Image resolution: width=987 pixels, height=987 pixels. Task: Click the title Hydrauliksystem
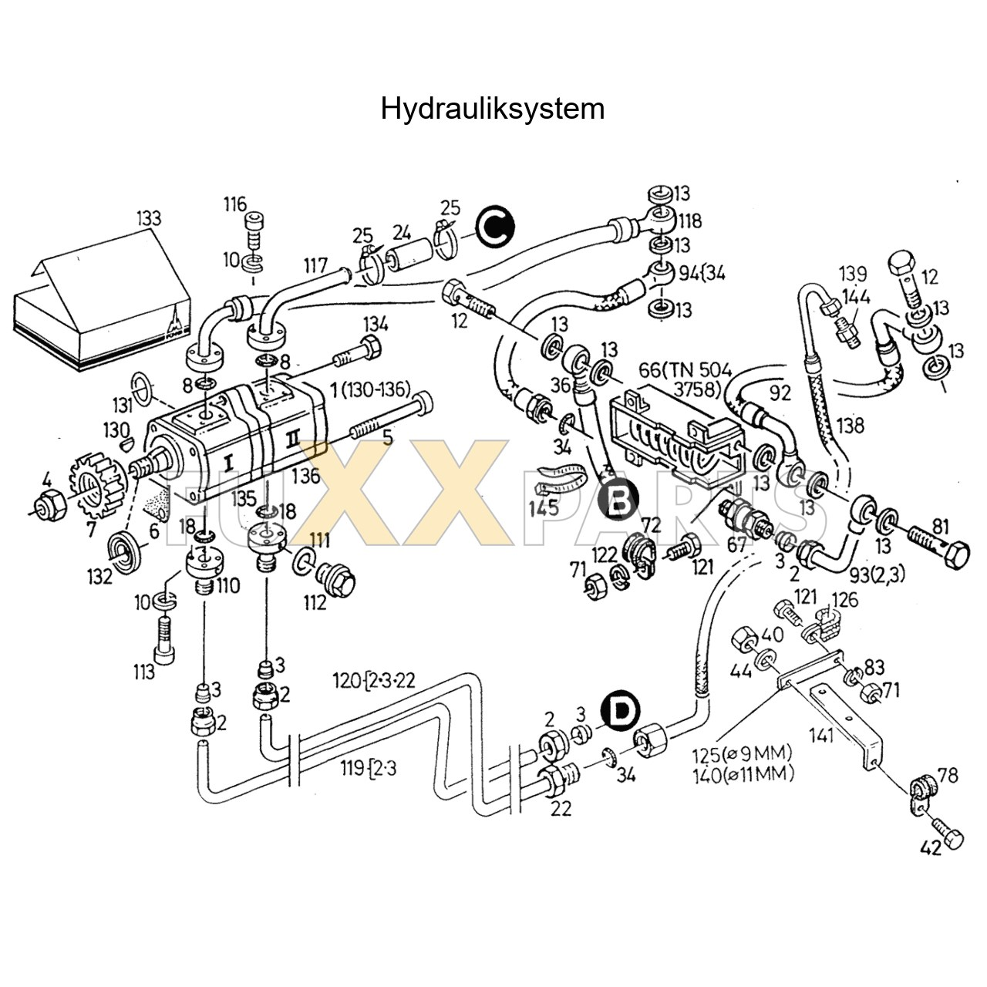pyautogui.click(x=492, y=109)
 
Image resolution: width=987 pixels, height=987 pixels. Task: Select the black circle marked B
pyautogui.click(x=619, y=500)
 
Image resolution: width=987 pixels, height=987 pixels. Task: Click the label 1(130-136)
pyautogui.click(x=369, y=390)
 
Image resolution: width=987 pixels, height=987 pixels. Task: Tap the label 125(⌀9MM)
pyautogui.click(x=743, y=753)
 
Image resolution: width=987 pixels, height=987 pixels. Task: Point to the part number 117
pyautogui.click(x=315, y=266)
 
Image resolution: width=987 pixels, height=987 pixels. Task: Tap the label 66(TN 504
pyautogui.click(x=685, y=369)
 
